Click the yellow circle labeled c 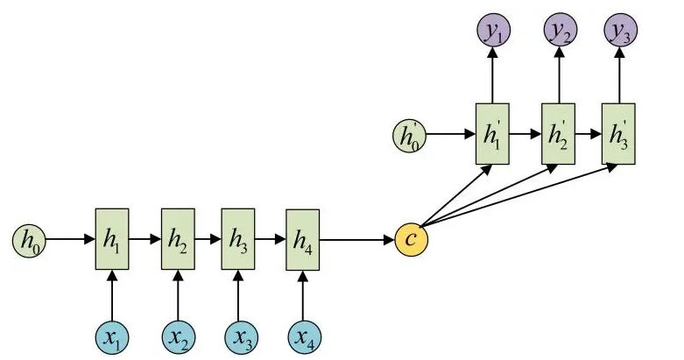click(412, 240)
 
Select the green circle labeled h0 click(29, 240)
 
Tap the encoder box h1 click(112, 239)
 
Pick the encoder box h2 click(178, 239)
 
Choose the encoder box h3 click(238, 239)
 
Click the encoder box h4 click(303, 240)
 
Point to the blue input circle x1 click(112, 338)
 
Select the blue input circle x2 click(178, 338)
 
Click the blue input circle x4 click(305, 338)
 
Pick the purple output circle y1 click(493, 31)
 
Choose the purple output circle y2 click(561, 31)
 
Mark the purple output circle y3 click(621, 31)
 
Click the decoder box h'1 click(492, 134)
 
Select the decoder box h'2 click(559, 134)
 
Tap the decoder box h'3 click(618, 134)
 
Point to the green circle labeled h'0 click(410, 134)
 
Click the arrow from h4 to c click(356, 240)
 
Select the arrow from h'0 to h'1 click(451, 134)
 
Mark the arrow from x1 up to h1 click(112, 296)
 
